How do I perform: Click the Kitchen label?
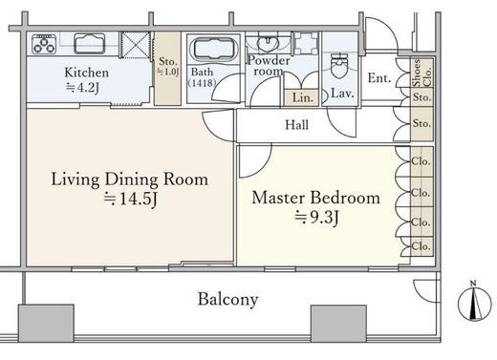tap(86, 73)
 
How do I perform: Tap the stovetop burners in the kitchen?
tap(44, 44)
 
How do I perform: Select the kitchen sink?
tap(90, 43)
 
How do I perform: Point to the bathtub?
tap(214, 49)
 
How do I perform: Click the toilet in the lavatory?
tap(339, 66)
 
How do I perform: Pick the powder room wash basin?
tap(268, 44)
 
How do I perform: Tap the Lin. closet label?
tap(302, 97)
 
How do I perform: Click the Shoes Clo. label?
tap(421, 73)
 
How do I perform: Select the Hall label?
tap(296, 125)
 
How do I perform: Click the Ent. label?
tap(379, 78)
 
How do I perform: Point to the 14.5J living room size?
tap(130, 200)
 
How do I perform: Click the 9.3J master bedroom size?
tap(316, 218)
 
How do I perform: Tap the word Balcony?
tap(227, 299)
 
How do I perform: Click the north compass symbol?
tap(475, 302)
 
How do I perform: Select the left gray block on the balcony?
tap(46, 323)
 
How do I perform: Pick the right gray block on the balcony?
tap(338, 324)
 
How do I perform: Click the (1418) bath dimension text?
tap(202, 83)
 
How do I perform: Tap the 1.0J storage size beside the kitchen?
tap(167, 72)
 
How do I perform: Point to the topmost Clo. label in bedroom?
tap(421, 161)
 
